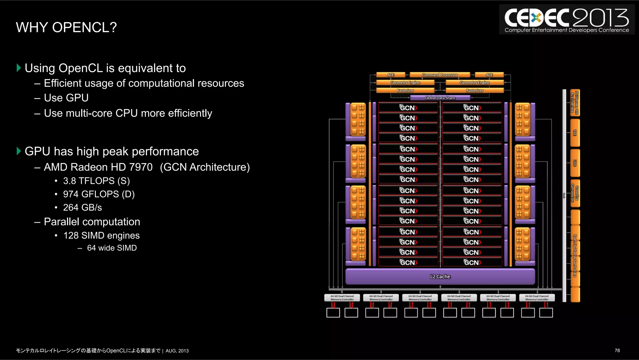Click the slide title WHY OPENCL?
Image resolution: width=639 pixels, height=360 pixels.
tap(66, 27)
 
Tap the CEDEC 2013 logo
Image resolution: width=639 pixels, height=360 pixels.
tap(567, 20)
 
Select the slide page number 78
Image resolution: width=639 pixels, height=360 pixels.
tap(617, 351)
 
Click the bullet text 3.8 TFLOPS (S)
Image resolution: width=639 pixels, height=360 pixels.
tap(96, 181)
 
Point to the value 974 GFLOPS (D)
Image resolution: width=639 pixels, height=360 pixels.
tap(99, 194)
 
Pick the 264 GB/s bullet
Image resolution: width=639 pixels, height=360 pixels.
tap(82, 208)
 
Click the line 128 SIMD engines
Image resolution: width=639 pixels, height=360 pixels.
tap(101, 235)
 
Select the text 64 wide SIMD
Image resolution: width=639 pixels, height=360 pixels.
tap(112, 248)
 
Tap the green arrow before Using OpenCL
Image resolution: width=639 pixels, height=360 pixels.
tap(19, 68)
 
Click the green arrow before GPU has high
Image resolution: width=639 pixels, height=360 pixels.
tap(19, 151)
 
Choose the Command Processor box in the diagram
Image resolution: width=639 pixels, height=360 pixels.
tap(440, 75)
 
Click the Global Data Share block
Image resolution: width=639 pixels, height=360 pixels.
tap(440, 98)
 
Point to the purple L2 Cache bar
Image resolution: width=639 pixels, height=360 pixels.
tap(440, 277)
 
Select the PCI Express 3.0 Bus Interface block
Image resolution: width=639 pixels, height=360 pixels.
tap(575, 103)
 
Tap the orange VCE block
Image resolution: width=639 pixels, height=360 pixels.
tap(575, 133)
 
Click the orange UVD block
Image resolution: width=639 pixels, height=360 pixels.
tap(575, 163)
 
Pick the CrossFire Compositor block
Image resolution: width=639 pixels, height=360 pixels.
tap(575, 193)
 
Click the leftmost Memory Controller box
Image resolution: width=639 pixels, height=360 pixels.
tap(342, 298)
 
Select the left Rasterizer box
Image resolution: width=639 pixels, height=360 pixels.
tap(405, 91)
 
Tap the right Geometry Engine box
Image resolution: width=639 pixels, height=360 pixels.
tap(474, 83)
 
